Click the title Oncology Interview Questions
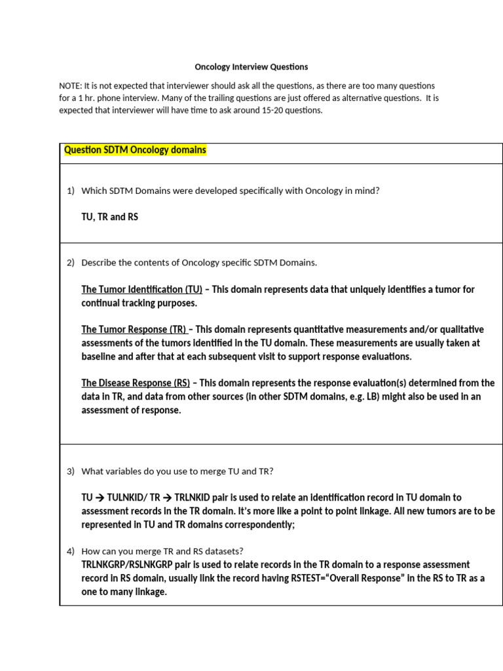[251, 67]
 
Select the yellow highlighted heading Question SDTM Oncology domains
[135, 150]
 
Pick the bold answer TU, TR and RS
[109, 217]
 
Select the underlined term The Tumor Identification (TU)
[141, 289]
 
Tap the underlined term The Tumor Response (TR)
[134, 330]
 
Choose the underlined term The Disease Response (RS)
[136, 383]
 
